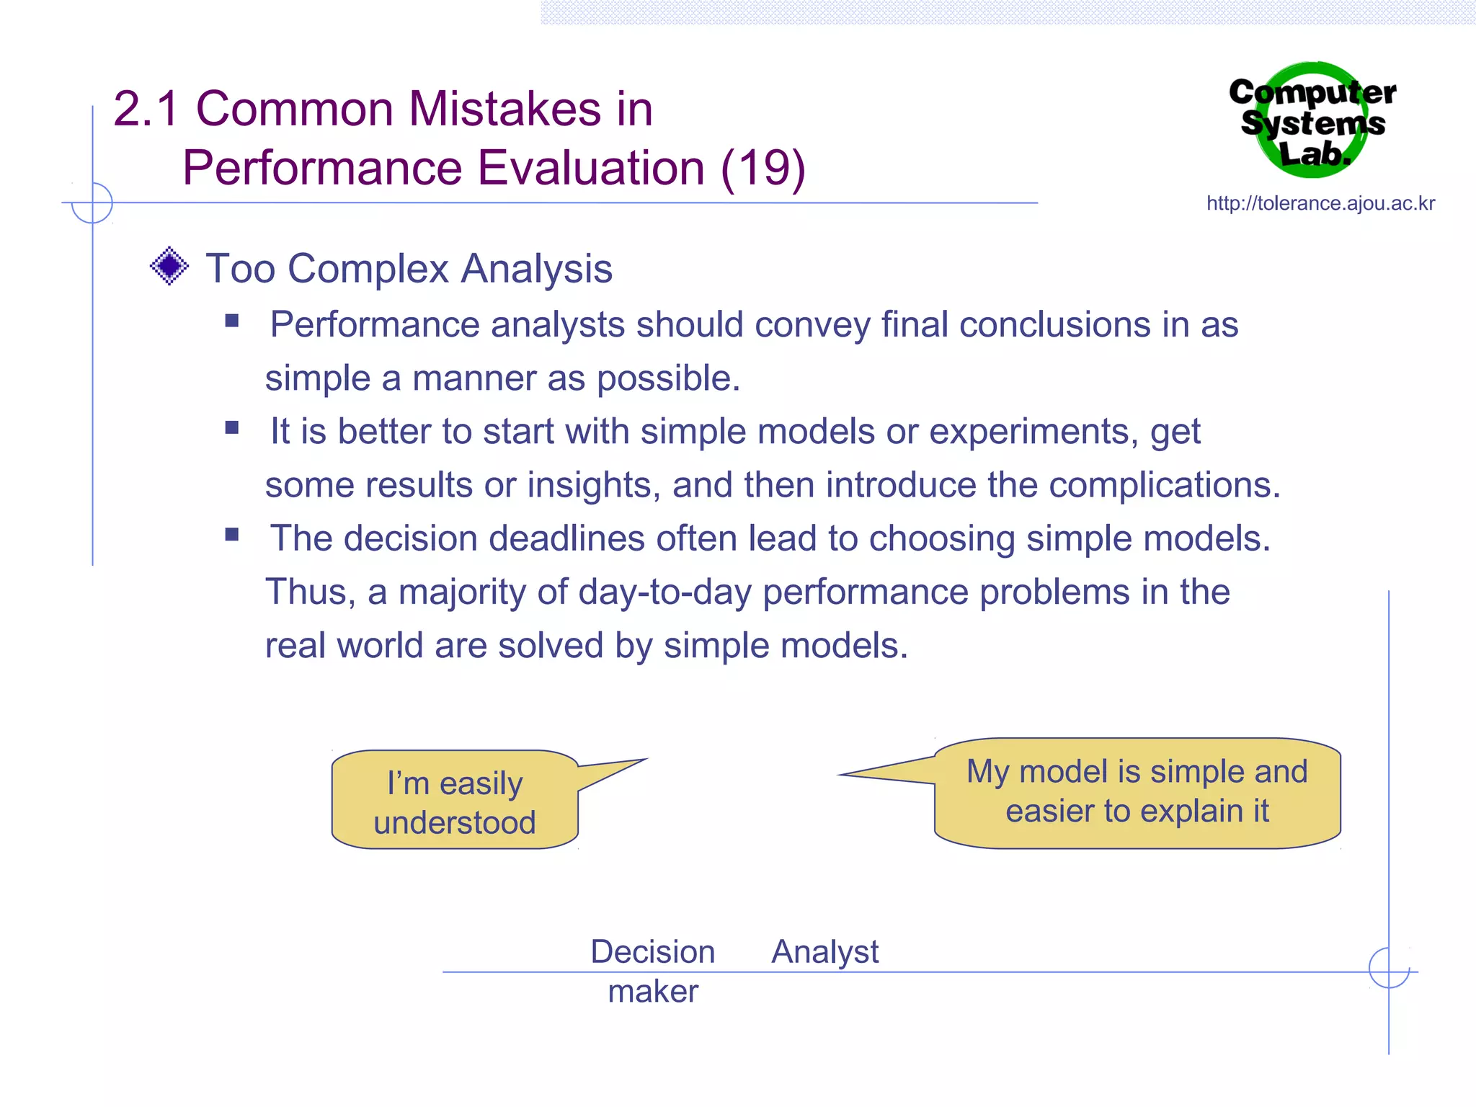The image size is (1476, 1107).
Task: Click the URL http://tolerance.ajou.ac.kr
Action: click(x=1320, y=204)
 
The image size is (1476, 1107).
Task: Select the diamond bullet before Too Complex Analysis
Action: click(x=169, y=266)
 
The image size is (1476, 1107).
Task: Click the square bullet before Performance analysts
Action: click(x=231, y=321)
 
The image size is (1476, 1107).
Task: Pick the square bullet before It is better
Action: click(x=231, y=427)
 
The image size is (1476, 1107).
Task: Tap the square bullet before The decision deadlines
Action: click(x=231, y=534)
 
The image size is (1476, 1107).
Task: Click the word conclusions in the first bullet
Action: click(x=1054, y=324)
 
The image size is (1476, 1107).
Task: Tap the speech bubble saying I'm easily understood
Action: click(x=455, y=801)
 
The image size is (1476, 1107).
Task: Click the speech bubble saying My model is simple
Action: click(x=1137, y=792)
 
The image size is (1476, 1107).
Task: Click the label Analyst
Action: click(x=824, y=952)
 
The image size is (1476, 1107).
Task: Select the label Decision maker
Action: click(x=653, y=971)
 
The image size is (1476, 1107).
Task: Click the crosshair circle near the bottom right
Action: click(x=1389, y=968)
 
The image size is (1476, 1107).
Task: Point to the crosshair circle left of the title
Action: click(x=92, y=203)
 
